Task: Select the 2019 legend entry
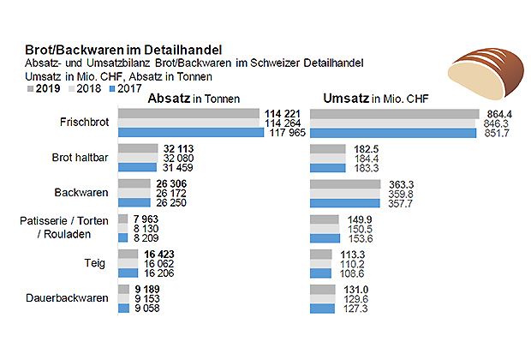click(43, 87)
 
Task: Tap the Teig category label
click(96, 263)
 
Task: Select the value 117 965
click(287, 133)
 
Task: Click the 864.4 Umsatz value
click(498, 113)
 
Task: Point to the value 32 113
click(181, 148)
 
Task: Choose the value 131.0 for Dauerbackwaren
click(355, 289)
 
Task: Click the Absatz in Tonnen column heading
click(193, 99)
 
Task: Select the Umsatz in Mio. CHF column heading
click(377, 99)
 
